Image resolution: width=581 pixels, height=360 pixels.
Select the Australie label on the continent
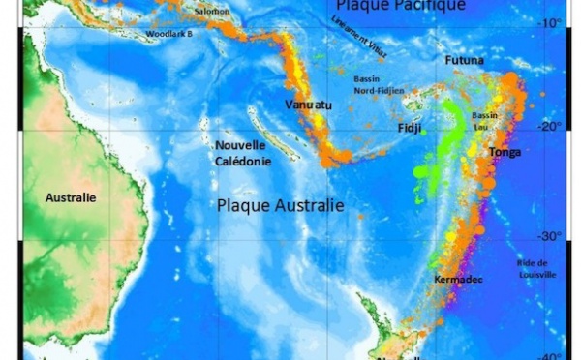pos(72,197)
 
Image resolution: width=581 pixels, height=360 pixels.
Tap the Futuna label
pos(464,61)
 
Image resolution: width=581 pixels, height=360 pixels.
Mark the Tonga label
pos(505,153)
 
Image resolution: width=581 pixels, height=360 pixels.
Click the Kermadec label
pos(453,280)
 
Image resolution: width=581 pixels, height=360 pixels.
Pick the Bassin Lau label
pos(484,120)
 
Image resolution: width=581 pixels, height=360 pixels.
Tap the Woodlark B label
pos(169,33)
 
